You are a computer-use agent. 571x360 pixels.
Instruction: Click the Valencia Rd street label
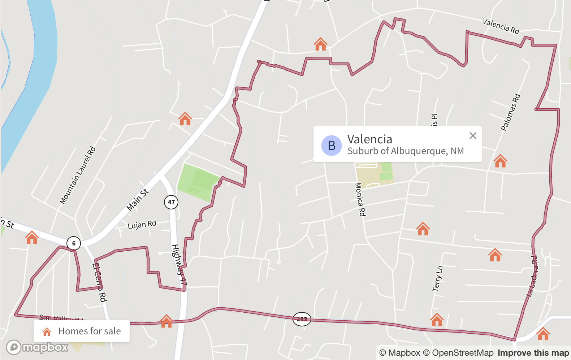501,26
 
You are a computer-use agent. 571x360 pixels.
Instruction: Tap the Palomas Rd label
510,112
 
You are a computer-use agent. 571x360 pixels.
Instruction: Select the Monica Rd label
360,199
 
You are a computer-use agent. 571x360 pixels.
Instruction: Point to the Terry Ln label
437,279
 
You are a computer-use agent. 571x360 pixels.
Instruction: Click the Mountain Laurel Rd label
78,175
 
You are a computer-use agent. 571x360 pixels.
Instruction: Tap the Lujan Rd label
142,225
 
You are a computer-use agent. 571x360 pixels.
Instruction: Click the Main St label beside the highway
138,200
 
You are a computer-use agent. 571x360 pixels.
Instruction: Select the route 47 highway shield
171,202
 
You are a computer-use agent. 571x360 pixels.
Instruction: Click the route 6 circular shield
74,243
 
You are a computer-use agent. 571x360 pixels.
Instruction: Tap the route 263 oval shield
302,319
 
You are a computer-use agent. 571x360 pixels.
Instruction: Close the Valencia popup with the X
473,136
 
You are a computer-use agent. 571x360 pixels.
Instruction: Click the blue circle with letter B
332,146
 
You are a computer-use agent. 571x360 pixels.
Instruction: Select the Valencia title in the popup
369,139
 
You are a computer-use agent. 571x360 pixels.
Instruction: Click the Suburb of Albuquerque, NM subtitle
405,151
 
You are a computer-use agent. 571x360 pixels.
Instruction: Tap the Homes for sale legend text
90,331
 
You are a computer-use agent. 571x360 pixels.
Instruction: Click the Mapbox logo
37,347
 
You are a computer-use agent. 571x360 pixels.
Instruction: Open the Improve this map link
533,353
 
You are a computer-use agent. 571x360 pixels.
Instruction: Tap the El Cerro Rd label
99,282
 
